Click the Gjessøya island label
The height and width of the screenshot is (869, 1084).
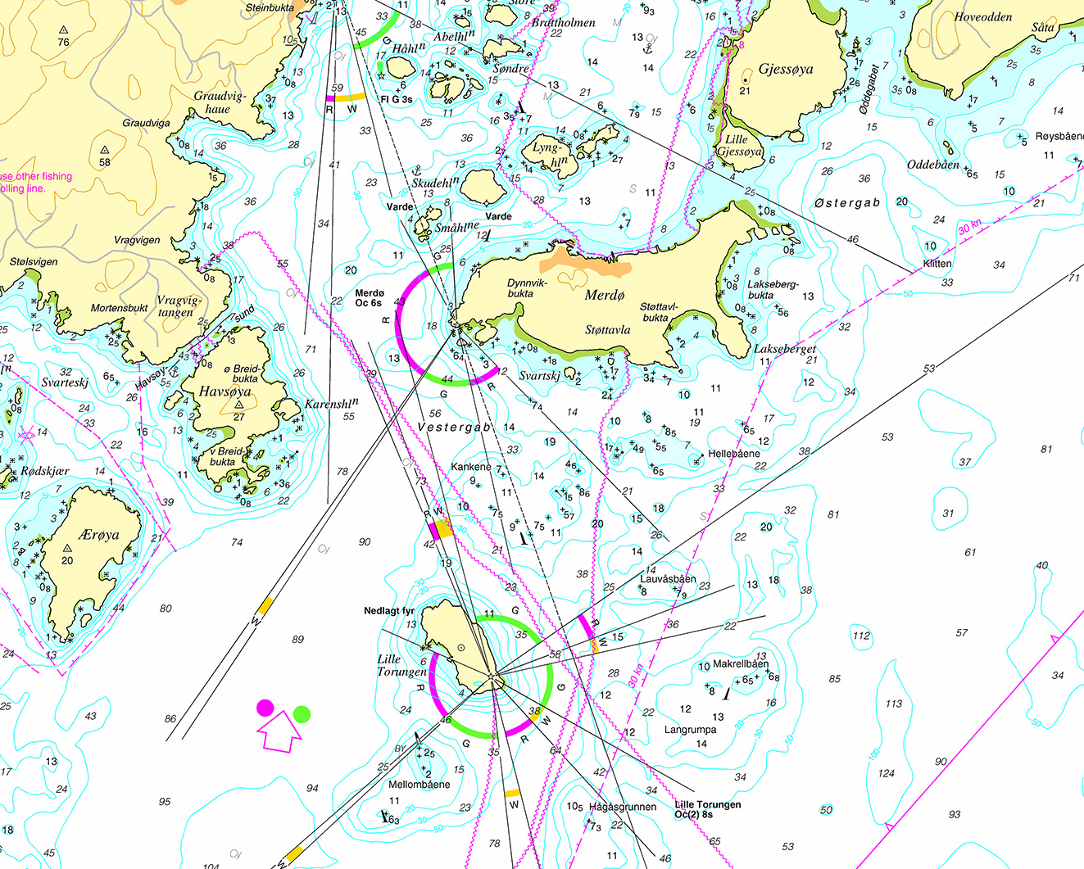786,69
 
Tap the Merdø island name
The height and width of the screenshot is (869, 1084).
605,296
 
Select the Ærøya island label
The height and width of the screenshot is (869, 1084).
99,535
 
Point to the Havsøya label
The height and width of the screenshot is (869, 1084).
225,392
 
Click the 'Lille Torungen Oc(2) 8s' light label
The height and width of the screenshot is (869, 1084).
707,809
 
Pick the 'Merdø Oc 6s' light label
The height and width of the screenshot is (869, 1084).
370,298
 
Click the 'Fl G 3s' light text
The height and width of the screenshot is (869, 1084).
396,100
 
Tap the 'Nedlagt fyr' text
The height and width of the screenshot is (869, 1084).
389,611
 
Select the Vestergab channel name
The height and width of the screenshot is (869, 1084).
454,428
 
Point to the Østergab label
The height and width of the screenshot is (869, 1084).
847,203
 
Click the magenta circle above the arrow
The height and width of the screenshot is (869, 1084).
265,708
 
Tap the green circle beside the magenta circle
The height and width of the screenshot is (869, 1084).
302,713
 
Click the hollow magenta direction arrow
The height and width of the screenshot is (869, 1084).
280,732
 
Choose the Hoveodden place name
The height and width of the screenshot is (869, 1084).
982,17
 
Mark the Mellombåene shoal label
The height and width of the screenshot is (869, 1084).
419,785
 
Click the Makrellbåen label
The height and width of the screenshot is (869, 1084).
741,664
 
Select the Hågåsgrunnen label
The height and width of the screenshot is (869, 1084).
623,807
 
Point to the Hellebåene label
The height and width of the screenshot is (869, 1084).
734,454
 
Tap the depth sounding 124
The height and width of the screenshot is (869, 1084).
886,773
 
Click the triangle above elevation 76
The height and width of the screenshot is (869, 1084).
63,29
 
